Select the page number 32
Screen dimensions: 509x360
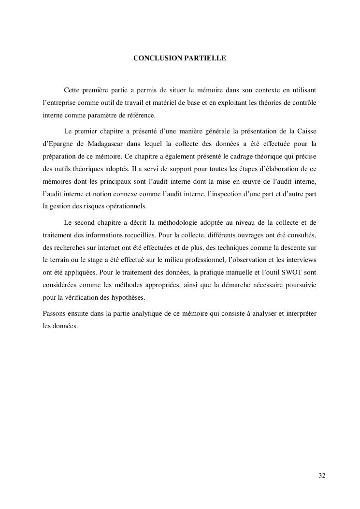[x=322, y=476]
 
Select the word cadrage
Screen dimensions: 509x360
[x=227, y=156]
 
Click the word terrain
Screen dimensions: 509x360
[x=58, y=260]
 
